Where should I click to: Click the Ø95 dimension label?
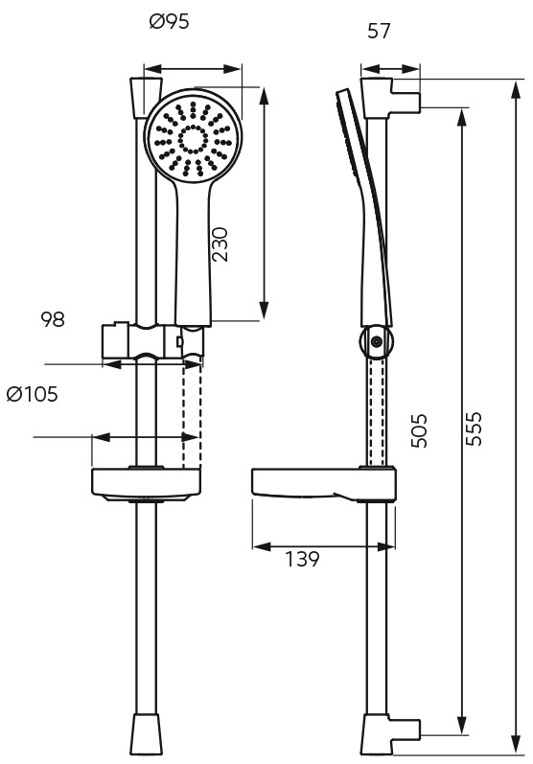169,22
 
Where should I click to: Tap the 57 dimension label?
379,32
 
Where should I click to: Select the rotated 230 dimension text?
220,244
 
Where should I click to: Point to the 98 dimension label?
53,319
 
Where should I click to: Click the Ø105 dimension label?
33,394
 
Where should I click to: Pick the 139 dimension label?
302,559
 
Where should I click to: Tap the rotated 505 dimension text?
419,430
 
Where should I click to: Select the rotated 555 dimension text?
473,428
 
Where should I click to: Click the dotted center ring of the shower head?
194,140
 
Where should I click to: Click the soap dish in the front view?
146,485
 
